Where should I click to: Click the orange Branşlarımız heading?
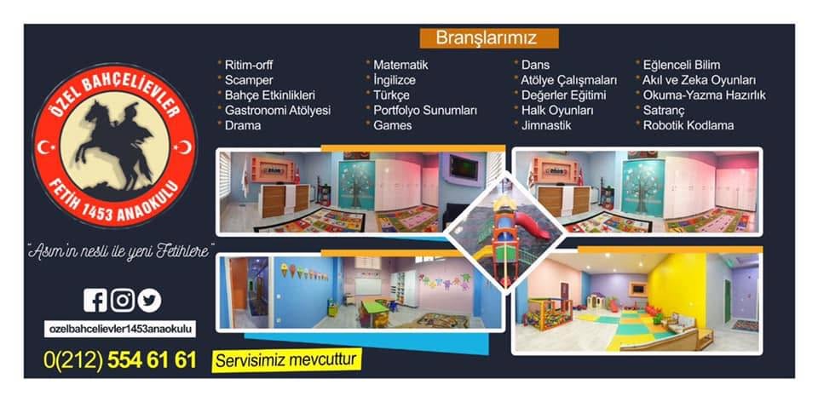tap(489, 38)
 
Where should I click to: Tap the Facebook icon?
tap(95, 301)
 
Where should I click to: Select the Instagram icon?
tap(122, 301)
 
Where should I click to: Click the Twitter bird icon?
tap(149, 301)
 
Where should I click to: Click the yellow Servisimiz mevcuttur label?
tap(286, 359)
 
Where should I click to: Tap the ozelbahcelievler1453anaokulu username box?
tap(120, 329)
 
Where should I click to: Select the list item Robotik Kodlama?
tap(688, 125)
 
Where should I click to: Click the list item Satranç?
tap(664, 111)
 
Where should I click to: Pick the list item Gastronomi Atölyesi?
tap(278, 111)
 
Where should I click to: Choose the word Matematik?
tap(400, 66)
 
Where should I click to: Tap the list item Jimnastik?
tap(546, 125)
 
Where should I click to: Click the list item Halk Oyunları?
tap(557, 111)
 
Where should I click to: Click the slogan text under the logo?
tap(120, 251)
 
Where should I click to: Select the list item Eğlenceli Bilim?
tap(682, 66)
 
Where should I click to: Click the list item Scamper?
tap(249, 80)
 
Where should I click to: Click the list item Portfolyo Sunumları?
tap(425, 111)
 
